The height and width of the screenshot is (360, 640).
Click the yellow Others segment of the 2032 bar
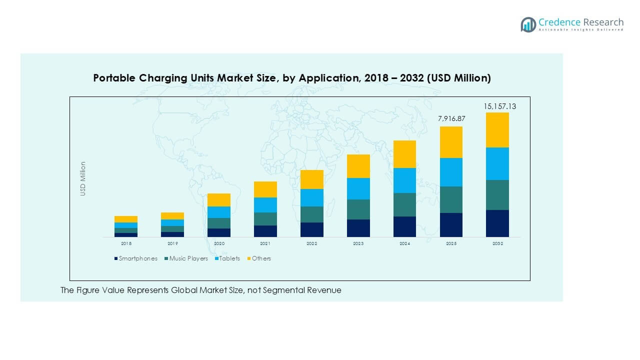click(497, 129)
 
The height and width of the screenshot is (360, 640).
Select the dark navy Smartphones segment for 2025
click(451, 224)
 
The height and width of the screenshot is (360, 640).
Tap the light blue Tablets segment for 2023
click(358, 188)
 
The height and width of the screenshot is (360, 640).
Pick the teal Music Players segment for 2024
click(404, 204)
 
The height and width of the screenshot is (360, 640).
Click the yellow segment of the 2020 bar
click(219, 199)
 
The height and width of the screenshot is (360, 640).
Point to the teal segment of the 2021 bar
click(265, 218)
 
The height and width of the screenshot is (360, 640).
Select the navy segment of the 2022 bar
click(311, 229)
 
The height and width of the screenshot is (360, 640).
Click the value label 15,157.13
click(499, 106)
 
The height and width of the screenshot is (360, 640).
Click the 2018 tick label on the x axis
click(126, 243)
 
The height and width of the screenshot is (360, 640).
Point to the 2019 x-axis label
click(172, 243)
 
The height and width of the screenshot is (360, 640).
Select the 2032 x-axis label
click(497, 243)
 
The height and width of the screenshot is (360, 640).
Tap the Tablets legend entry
click(229, 258)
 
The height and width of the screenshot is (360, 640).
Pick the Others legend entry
click(261, 258)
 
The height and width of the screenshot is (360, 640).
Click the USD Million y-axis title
click(83, 178)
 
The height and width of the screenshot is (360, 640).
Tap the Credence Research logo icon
click(528, 24)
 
